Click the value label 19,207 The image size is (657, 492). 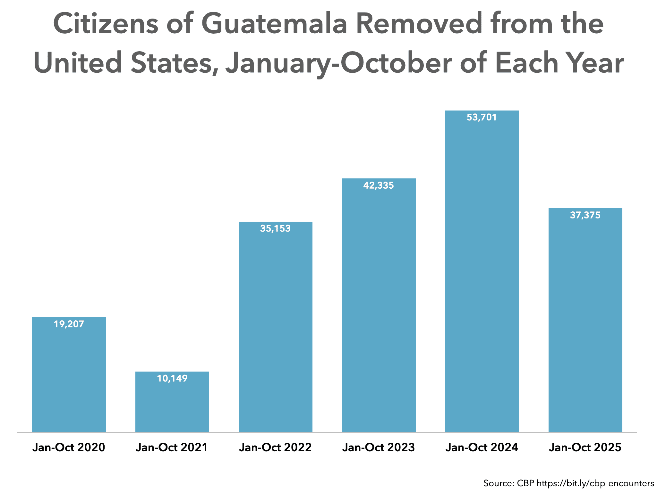click(x=69, y=324)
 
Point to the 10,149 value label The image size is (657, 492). click(x=172, y=379)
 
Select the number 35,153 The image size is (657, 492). click(x=276, y=229)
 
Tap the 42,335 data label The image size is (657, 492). click(x=379, y=185)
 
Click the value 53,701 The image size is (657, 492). click(x=482, y=118)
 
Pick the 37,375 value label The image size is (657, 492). click(x=585, y=215)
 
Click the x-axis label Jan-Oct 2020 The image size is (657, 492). click(x=69, y=447)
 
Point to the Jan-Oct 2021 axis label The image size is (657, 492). click(x=172, y=447)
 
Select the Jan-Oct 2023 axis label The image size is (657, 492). click(x=379, y=447)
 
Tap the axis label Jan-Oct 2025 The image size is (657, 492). click(x=585, y=447)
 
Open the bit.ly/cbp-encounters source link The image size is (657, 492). click(x=595, y=483)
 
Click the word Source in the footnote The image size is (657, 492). click(x=499, y=483)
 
